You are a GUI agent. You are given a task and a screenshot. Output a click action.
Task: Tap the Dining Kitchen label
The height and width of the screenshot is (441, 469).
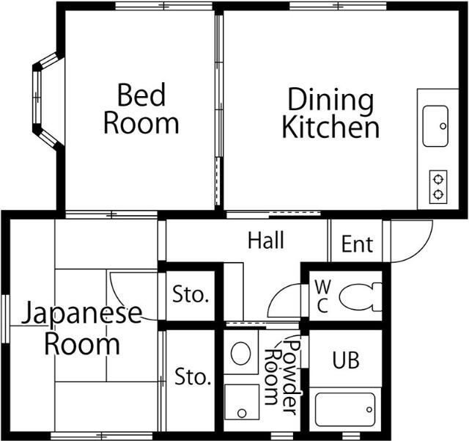point(330,113)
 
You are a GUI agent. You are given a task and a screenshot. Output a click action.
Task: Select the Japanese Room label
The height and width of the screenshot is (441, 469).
point(81,328)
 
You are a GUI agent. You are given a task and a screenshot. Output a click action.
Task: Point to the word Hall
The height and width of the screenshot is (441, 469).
point(265,240)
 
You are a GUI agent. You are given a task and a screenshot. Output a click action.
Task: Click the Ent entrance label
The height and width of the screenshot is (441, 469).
point(357,244)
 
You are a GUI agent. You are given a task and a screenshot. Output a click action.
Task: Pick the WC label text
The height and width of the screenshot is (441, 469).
point(322,296)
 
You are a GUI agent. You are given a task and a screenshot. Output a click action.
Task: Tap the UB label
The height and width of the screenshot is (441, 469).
point(346,360)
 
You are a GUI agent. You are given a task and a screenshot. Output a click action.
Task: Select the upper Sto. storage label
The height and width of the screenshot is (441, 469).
point(191,296)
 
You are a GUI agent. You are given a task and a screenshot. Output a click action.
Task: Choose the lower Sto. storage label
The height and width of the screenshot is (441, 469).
point(192,377)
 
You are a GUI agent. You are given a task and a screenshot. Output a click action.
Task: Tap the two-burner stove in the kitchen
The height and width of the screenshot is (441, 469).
point(437,186)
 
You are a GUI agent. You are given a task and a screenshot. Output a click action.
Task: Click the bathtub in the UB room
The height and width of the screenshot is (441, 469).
point(345,409)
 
